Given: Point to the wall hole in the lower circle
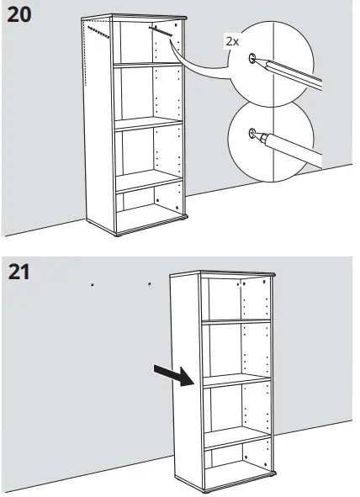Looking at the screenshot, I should coord(252,134).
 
